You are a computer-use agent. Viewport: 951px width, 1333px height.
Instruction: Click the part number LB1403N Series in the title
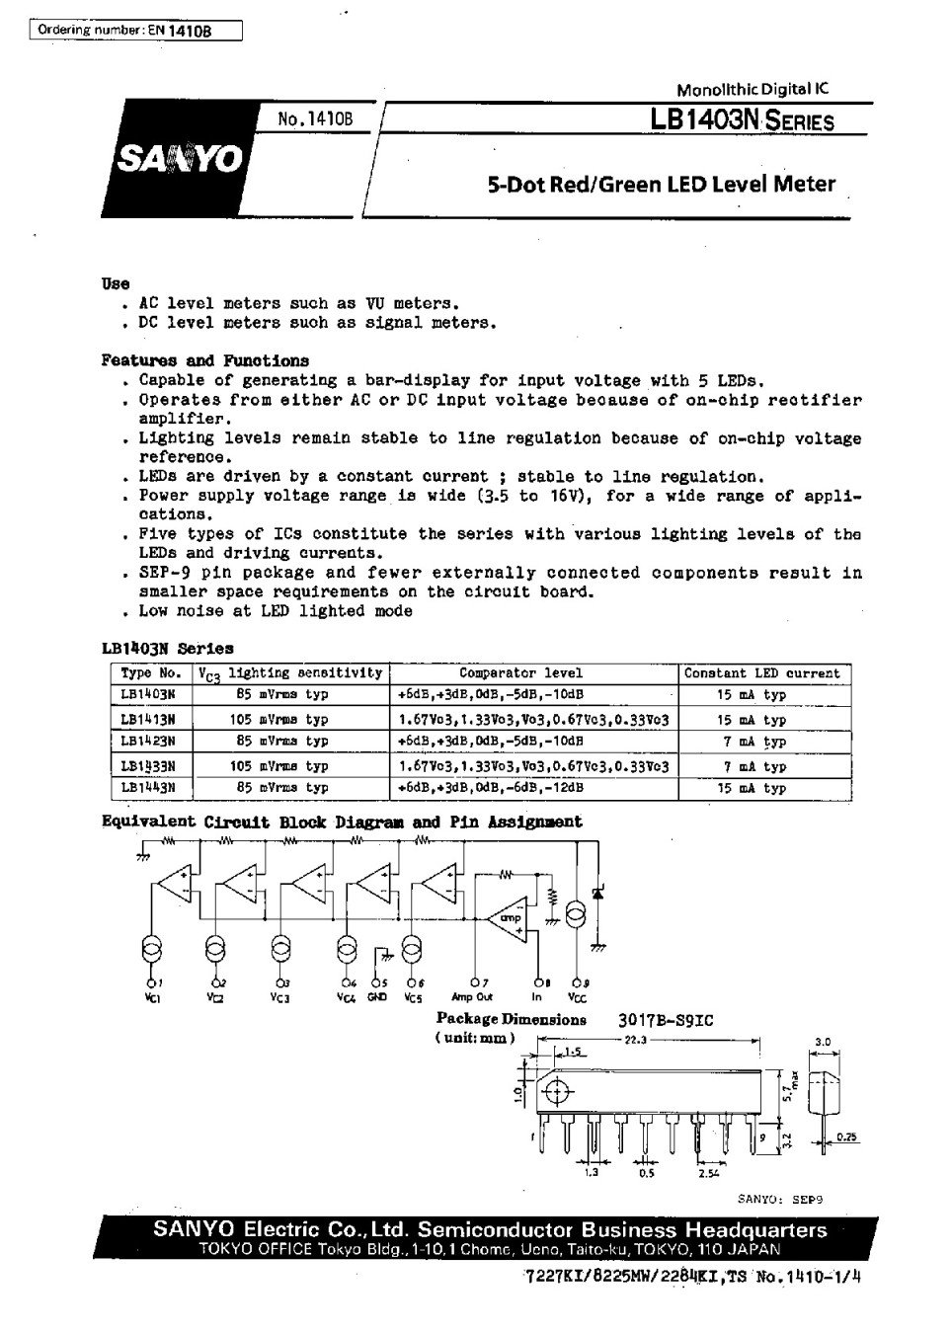(742, 121)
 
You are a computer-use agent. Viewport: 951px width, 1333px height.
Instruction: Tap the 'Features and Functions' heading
(204, 361)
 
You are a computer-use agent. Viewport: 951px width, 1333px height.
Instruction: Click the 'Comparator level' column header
(534, 673)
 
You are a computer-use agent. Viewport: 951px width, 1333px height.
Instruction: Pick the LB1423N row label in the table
(147, 740)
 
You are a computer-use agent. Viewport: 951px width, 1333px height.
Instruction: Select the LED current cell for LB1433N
(763, 766)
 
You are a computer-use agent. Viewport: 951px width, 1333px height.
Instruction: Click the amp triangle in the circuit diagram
(510, 918)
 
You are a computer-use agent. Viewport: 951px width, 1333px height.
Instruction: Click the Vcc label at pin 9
(577, 997)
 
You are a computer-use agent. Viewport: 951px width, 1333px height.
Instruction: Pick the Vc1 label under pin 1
(152, 997)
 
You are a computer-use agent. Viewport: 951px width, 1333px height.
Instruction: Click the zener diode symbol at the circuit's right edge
(597, 892)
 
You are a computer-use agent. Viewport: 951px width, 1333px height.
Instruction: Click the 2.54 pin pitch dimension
(707, 1174)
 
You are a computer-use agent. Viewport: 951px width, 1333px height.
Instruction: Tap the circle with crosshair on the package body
(557, 1092)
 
